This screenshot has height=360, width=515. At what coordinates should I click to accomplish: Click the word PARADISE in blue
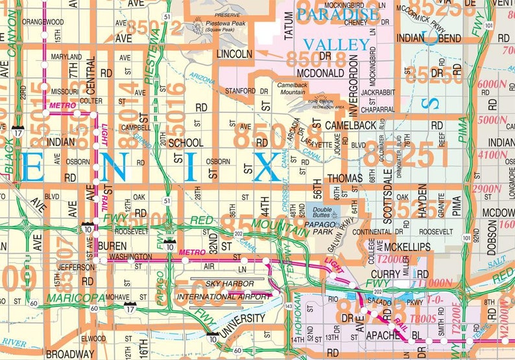[327, 14]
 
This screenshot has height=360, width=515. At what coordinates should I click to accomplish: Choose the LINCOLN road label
[234, 53]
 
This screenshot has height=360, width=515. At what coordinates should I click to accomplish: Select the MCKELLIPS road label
[407, 247]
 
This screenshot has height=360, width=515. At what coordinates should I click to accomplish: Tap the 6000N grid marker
[492, 84]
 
